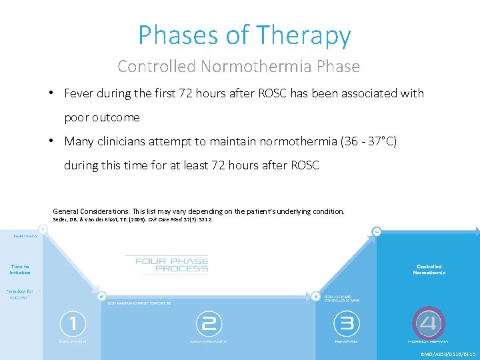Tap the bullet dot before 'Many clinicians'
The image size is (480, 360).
[x=51, y=141]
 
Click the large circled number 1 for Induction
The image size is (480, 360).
[x=73, y=325]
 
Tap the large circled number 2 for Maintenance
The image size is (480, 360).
[x=209, y=325]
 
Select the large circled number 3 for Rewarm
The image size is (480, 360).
[x=346, y=325]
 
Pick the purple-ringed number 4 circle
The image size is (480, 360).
[x=429, y=324]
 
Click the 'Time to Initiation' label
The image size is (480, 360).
[x=20, y=269]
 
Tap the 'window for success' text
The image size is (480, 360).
[x=20, y=294]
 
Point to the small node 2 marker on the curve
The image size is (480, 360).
[x=101, y=295]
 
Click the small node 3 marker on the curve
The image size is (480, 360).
[x=315, y=295]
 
